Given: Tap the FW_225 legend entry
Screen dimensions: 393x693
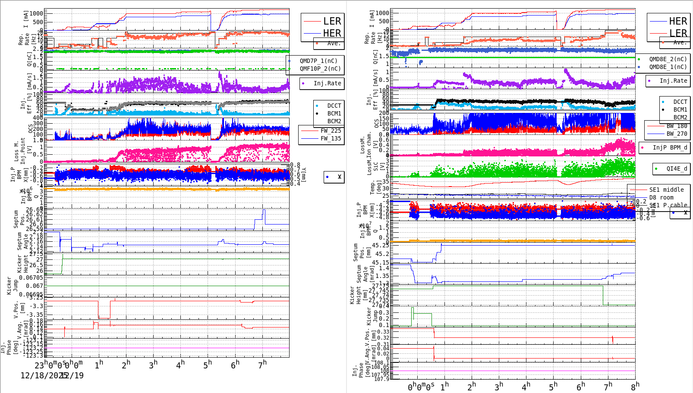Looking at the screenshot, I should (x=331, y=131).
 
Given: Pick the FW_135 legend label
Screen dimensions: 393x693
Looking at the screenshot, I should (x=331, y=138).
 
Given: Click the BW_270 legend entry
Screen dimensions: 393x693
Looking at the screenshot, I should (x=677, y=134).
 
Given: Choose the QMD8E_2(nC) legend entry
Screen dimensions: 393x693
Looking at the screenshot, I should (x=668, y=59).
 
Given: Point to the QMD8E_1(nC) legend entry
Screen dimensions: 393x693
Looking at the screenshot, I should (x=668, y=67).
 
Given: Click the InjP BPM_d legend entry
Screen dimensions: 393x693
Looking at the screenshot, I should (x=670, y=147).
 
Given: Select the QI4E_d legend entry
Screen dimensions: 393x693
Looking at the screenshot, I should (x=677, y=168).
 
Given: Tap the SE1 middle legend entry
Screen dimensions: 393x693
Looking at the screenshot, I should (x=666, y=190).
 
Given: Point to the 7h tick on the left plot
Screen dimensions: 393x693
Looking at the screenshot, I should (x=262, y=365).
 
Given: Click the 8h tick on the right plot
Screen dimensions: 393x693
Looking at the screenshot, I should (x=635, y=386).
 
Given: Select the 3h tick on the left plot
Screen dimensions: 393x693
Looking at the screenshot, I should (x=153, y=365).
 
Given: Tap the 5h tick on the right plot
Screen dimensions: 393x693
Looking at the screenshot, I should (x=553, y=387).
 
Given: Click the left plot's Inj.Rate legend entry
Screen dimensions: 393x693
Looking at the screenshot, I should (x=327, y=83).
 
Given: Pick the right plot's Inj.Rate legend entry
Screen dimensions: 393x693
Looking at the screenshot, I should (x=673, y=81).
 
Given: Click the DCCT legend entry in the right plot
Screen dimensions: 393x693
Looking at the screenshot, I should (x=680, y=102).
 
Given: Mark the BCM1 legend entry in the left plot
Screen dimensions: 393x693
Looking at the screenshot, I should (x=334, y=113).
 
